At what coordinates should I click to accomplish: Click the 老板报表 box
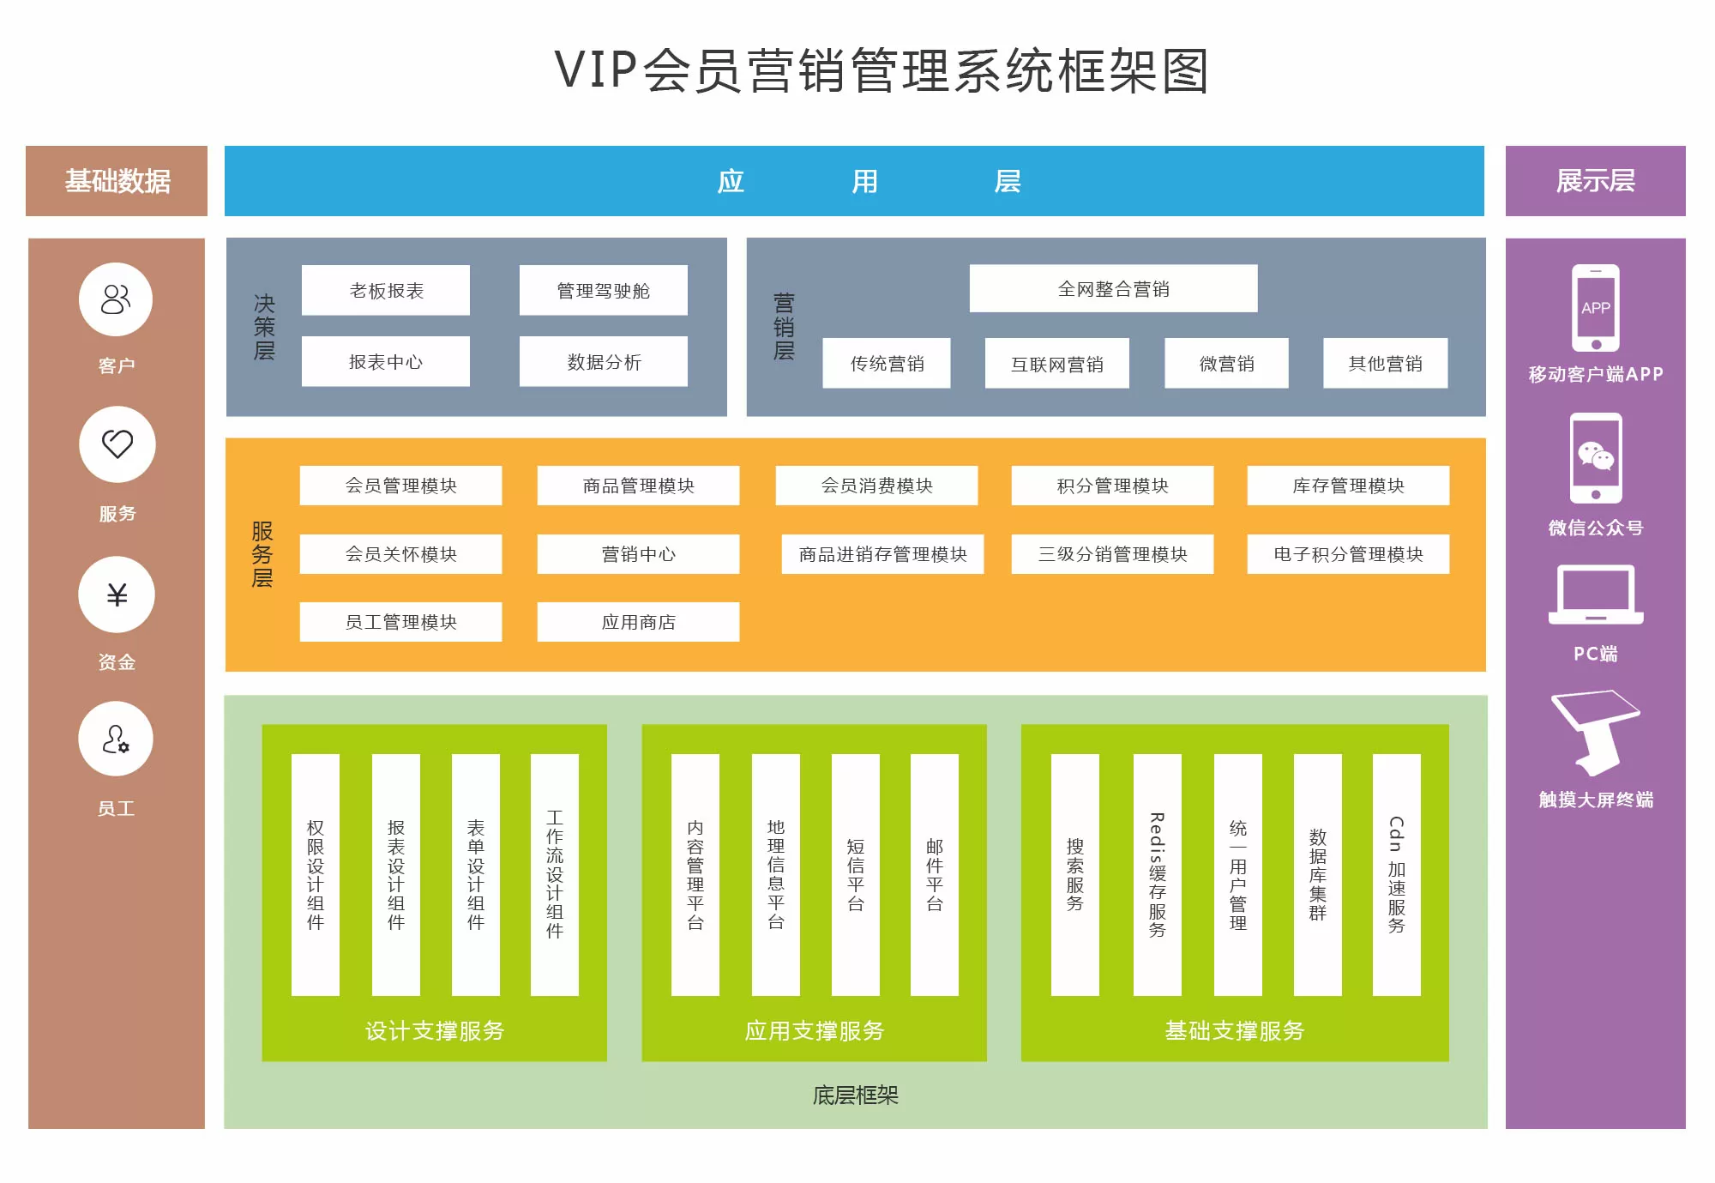coord(386,291)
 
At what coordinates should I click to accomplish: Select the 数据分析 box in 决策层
coord(604,362)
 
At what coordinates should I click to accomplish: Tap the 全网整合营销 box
coord(1113,289)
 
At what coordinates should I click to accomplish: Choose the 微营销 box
coord(1226,364)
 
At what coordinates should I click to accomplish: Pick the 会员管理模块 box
coord(400,486)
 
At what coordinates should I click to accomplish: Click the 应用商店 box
coord(638,622)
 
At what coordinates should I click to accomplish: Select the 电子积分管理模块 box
coord(1348,554)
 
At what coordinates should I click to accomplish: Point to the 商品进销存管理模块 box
coord(882,554)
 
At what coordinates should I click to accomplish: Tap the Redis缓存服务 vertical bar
coord(1157,874)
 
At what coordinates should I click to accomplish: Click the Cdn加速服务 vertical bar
coord(1396,874)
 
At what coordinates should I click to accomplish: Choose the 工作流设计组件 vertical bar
coord(555,874)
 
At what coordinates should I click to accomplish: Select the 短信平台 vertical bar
coord(855,874)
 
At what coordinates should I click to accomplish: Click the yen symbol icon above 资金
coord(117,595)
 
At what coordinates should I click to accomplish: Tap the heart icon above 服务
coord(117,444)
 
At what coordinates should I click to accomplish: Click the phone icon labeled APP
coord(1596,308)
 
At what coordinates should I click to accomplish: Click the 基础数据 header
coord(117,181)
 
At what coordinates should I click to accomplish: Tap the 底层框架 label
coord(855,1095)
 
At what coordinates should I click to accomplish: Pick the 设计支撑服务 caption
coord(434,1030)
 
